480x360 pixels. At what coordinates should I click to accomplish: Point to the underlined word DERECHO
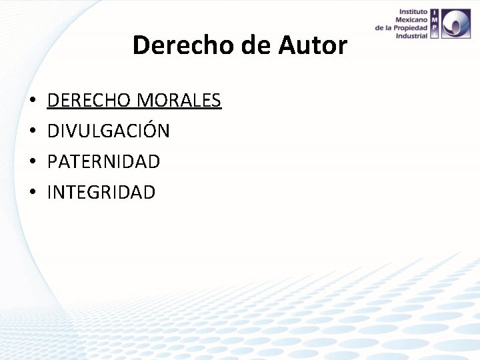pos(89,101)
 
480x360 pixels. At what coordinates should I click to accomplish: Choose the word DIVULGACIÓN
pos(109,131)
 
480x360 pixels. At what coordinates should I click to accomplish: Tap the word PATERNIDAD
pos(104,162)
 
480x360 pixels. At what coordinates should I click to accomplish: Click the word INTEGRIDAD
pos(101,193)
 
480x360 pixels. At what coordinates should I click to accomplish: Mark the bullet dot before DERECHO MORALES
pos(32,101)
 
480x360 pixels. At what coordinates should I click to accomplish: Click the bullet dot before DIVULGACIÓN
pos(32,132)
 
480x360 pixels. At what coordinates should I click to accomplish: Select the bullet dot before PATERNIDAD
pos(32,163)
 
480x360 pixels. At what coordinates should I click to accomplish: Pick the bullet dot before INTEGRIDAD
pos(32,193)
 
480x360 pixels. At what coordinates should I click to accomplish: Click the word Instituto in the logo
pos(413,12)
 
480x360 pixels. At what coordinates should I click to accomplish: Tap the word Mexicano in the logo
pos(411,20)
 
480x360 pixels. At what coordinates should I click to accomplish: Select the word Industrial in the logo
pos(411,36)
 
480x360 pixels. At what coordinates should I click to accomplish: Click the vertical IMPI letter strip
pos(435,24)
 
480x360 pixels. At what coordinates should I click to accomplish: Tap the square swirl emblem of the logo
pos(455,24)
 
